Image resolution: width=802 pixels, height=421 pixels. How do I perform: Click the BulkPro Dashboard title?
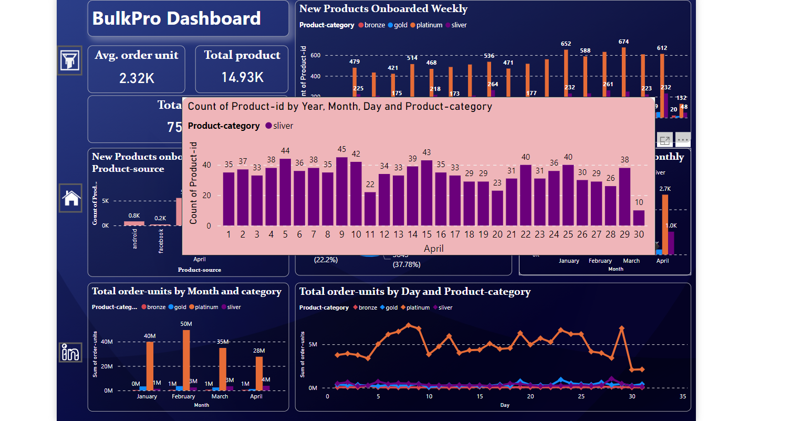[176, 19]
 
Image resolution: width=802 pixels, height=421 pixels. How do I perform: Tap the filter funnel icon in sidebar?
[70, 60]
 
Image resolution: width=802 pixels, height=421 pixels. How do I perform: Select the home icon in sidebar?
[71, 198]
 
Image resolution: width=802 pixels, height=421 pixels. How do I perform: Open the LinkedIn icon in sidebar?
[70, 352]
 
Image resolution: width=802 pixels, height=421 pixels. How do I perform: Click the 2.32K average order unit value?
[137, 78]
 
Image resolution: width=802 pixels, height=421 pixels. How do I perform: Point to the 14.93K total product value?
[242, 78]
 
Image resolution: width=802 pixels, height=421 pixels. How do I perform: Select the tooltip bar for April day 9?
[341, 192]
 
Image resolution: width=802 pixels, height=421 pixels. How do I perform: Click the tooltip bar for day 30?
[639, 218]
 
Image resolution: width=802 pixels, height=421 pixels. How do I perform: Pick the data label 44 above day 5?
[285, 151]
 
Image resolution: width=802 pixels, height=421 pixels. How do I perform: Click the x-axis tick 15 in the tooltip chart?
[426, 234]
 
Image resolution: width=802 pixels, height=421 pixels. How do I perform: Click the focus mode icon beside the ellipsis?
[665, 140]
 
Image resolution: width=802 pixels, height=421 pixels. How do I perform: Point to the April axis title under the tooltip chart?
[434, 248]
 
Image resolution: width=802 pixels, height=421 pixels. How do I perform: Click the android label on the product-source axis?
[135, 238]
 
